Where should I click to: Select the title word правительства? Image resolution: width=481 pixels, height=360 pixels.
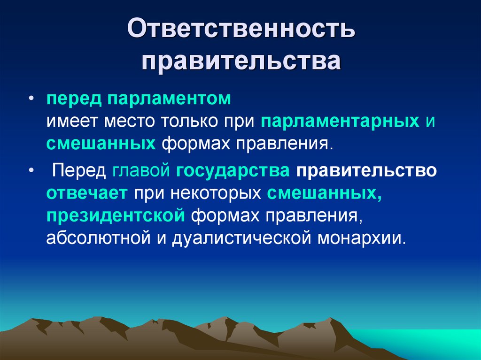(x=240, y=61)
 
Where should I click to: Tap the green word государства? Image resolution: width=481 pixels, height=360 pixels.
(x=233, y=171)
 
